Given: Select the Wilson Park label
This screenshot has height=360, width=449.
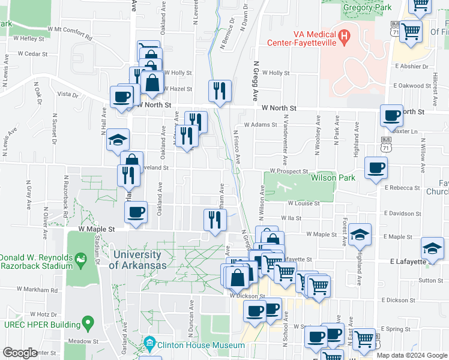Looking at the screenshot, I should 333,178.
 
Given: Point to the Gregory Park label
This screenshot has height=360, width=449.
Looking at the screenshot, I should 367,8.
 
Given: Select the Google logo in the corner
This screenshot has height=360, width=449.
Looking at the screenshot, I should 20,353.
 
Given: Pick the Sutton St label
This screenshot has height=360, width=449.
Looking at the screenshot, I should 431,280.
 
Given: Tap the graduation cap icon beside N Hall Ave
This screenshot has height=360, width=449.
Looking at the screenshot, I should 118,141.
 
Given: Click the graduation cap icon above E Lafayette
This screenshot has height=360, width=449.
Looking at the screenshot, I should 432,247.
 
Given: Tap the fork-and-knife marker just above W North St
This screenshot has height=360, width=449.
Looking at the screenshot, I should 219,91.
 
